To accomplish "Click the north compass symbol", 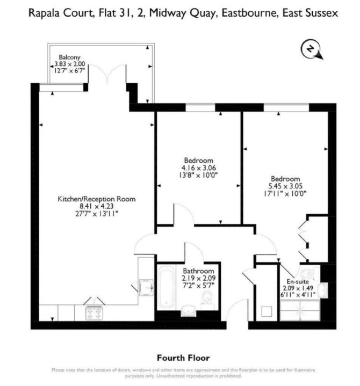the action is [312, 49].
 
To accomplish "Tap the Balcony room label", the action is [69, 57].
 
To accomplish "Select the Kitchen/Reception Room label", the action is [97, 199].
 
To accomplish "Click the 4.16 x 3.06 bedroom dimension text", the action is [199, 168].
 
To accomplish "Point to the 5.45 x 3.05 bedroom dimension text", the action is [285, 186].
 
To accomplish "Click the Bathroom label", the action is [198, 271].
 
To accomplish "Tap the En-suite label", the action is [298, 281].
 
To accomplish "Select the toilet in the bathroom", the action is [207, 300].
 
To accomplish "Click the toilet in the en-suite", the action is [308, 273].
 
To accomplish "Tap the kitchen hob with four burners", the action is [94, 313].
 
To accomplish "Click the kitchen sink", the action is [146, 288].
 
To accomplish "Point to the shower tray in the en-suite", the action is [300, 310].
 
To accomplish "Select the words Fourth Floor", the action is [183, 358].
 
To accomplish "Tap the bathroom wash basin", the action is [188, 311].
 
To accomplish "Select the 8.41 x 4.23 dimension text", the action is [97, 206].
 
